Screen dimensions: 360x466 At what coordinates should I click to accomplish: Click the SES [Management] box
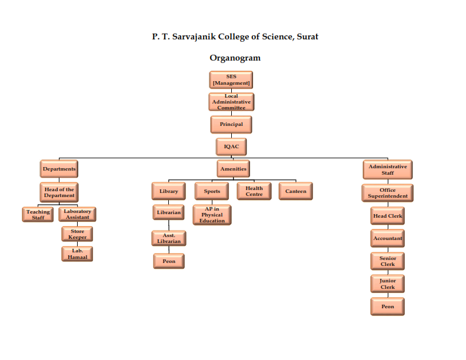click(231, 80)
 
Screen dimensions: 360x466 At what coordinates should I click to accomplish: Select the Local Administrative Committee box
click(231, 102)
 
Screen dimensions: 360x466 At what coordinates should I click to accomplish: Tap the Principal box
click(231, 124)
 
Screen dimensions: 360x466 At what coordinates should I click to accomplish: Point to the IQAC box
click(231, 146)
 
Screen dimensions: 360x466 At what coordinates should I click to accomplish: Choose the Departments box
click(59, 169)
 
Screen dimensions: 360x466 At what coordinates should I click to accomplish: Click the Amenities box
click(233, 169)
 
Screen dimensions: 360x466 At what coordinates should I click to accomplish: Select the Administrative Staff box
click(387, 169)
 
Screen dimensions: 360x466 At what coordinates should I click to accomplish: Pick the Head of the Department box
click(59, 192)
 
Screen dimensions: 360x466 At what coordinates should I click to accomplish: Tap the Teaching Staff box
click(38, 215)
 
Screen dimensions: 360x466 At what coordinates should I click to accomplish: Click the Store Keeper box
click(77, 234)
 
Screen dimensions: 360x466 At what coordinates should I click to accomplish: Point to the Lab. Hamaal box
click(77, 254)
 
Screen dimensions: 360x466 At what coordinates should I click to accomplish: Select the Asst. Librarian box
click(169, 238)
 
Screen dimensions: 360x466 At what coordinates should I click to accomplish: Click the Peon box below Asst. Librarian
click(169, 261)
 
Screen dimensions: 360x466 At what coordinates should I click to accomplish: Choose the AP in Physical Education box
click(212, 215)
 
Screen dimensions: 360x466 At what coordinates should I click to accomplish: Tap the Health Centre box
click(254, 191)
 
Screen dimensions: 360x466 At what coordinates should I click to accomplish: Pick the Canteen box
click(296, 191)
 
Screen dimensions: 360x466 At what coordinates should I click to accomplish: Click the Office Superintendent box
click(387, 192)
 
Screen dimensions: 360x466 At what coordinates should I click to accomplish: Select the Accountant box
click(387, 238)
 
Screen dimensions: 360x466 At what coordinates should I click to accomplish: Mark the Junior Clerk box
click(387, 284)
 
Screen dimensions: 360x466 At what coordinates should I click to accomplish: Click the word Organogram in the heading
click(235, 58)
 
